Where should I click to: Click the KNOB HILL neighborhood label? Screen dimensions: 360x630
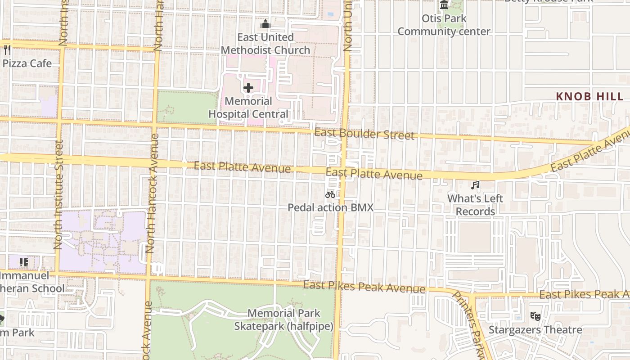click(x=589, y=96)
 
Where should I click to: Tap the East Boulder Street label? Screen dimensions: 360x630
click(x=364, y=134)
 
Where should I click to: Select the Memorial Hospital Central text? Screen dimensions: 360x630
click(x=248, y=108)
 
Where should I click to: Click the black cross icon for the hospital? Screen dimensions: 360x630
click(x=248, y=88)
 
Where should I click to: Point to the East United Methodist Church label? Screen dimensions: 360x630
click(x=265, y=44)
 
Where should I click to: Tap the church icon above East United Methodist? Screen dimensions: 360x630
click(x=265, y=24)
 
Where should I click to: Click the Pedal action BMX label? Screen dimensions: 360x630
click(x=330, y=207)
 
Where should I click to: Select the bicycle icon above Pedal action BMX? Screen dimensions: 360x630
click(x=330, y=194)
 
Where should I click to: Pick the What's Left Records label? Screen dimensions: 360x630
click(x=475, y=205)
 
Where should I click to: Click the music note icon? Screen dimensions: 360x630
click(x=475, y=185)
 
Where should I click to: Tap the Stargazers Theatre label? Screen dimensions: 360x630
click(x=535, y=330)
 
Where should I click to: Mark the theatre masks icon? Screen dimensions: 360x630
click(x=535, y=316)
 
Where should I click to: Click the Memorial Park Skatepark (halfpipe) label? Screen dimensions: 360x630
click(x=284, y=319)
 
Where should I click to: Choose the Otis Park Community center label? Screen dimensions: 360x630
click(x=444, y=25)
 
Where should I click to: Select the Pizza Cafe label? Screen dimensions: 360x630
click(x=27, y=63)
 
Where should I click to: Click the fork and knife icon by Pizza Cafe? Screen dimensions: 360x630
click(x=6, y=49)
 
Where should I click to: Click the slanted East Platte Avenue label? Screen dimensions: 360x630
click(x=590, y=152)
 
